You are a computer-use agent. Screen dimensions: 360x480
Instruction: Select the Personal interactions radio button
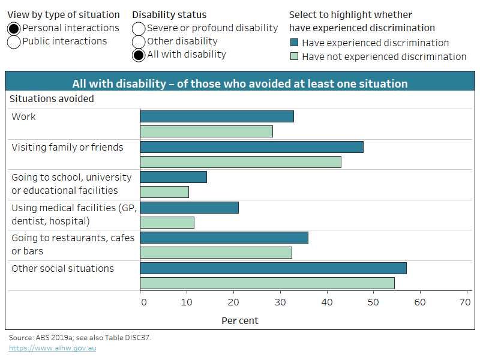pos(14,28)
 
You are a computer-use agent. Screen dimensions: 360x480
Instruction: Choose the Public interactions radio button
pos(14,41)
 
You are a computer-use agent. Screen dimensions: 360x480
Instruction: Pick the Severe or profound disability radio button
pos(139,28)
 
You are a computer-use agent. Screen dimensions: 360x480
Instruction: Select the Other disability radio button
pos(139,41)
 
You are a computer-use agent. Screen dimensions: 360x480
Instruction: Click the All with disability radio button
pos(139,55)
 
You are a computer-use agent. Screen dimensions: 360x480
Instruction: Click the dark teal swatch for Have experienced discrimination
pos(294,43)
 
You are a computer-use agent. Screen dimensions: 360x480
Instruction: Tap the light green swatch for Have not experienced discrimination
pos(294,56)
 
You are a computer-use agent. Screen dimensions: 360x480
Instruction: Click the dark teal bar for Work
pos(217,116)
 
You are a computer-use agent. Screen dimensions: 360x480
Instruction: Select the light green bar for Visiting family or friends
pos(241,161)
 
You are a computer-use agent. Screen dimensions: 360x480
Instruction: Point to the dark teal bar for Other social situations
pos(273,268)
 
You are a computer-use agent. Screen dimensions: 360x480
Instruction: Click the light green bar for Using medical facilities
pos(167,222)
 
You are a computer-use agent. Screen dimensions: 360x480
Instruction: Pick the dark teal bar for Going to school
pos(173,177)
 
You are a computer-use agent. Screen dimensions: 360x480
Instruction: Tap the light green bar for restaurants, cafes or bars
pos(216,253)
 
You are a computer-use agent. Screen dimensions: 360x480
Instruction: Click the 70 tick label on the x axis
pos(466,302)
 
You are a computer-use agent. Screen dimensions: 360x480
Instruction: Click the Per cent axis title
pos(240,320)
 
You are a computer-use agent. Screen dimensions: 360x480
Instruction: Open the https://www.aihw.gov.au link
pos(52,347)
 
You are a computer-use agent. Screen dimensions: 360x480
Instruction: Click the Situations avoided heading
pos(51,98)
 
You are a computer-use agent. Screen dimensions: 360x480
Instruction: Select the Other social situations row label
pos(62,268)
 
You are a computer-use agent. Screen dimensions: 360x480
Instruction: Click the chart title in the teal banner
pos(240,83)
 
